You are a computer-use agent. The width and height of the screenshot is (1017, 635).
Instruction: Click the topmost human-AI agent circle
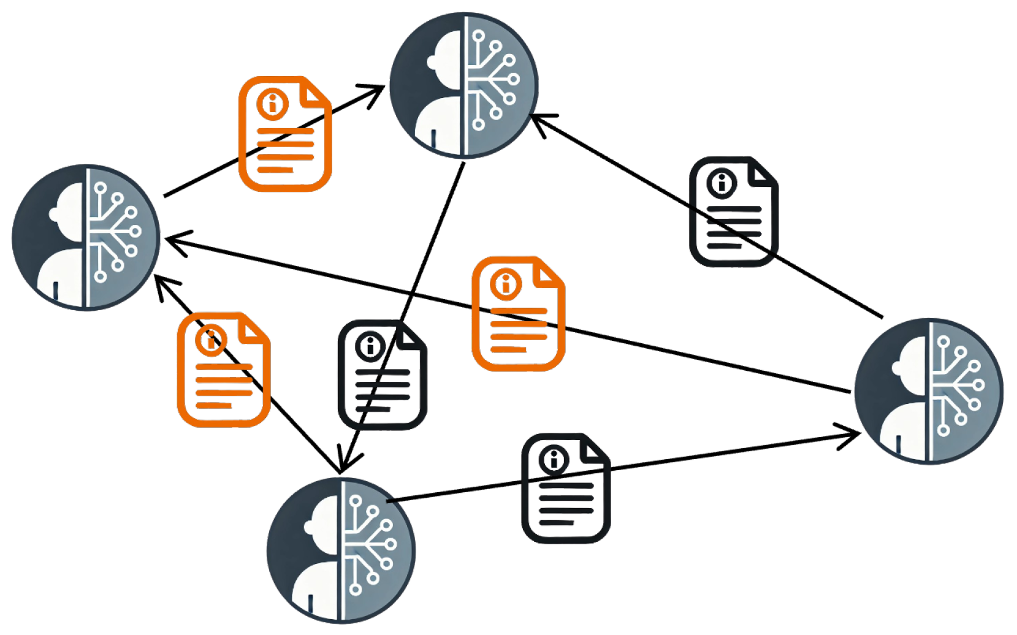coord(464,85)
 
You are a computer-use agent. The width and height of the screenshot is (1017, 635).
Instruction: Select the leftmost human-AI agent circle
coord(86,237)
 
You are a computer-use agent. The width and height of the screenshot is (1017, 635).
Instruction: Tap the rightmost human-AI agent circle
coord(929,391)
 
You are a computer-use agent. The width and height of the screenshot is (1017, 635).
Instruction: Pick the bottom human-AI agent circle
coord(341,550)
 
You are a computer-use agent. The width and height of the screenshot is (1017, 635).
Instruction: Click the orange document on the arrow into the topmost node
coord(285,134)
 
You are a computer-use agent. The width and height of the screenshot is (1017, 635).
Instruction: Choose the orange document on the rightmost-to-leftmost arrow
coord(518,314)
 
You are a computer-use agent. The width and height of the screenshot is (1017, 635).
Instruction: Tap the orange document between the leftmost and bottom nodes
coord(224,370)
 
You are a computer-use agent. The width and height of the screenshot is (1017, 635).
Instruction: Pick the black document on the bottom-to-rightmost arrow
coord(566,488)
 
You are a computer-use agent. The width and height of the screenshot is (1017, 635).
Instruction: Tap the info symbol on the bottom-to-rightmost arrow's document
coord(554,459)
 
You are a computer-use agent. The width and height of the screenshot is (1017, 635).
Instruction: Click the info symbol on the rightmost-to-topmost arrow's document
coord(722,183)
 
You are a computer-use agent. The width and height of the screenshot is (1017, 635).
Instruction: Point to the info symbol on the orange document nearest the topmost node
coord(272,102)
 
